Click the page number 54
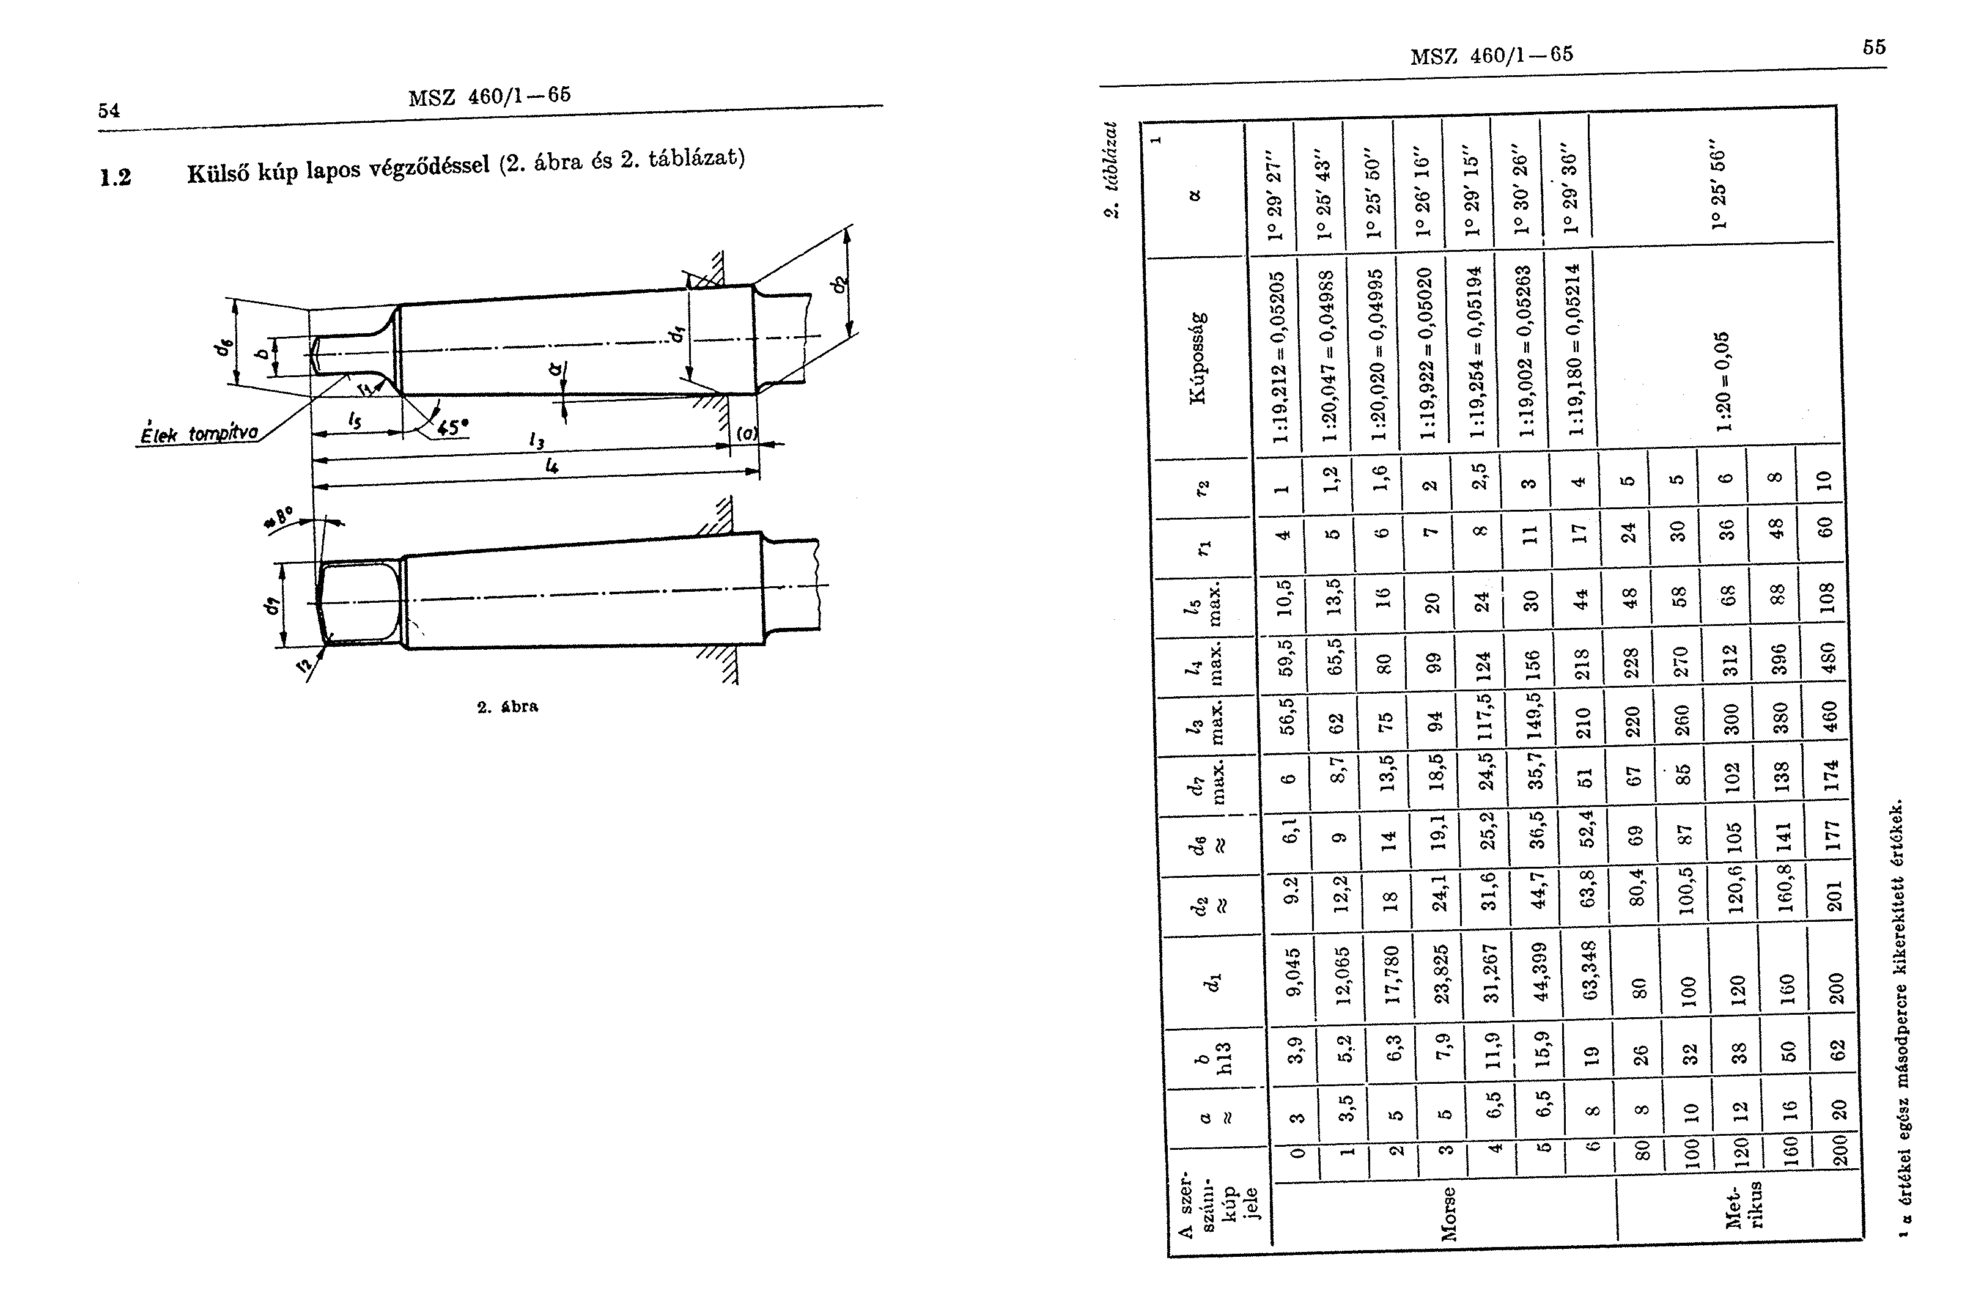[x=109, y=110]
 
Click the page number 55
[x=1874, y=47]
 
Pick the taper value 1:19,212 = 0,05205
[x=1278, y=358]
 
